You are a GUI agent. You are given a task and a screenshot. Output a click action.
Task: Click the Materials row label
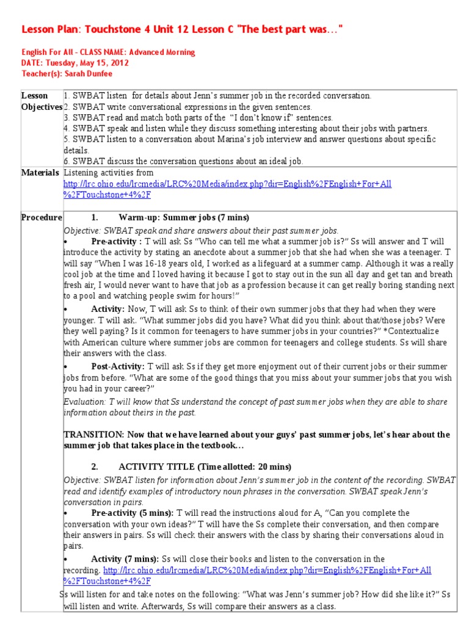point(40,173)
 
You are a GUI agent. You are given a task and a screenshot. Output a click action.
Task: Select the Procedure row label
point(42,218)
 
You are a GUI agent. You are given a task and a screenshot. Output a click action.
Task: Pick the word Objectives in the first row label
point(42,107)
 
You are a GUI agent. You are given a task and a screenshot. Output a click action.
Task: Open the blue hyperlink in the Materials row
point(227,184)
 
